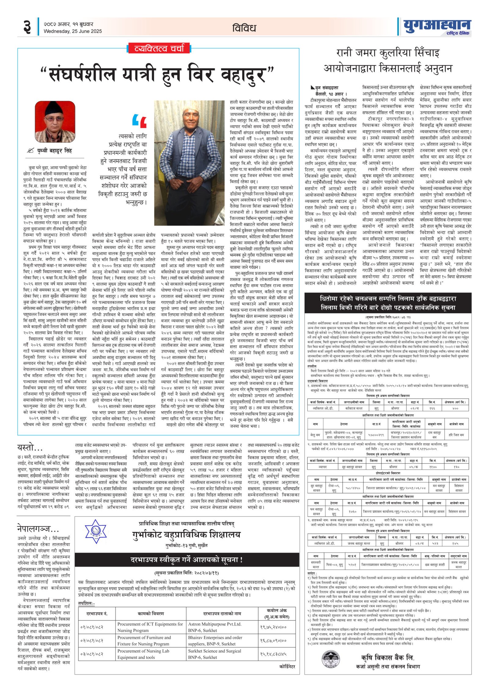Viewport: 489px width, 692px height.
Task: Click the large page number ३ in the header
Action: (27, 27)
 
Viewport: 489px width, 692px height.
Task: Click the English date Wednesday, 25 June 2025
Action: (72, 31)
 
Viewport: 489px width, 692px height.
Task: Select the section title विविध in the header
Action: (244, 28)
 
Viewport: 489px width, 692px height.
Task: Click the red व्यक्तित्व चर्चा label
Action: (159, 48)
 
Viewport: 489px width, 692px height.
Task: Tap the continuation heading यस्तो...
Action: (30, 448)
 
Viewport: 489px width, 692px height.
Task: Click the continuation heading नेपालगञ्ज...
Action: (38, 528)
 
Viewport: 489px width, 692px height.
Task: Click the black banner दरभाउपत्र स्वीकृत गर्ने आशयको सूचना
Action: (186, 560)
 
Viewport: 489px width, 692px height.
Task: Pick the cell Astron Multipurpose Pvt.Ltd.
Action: (215, 624)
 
